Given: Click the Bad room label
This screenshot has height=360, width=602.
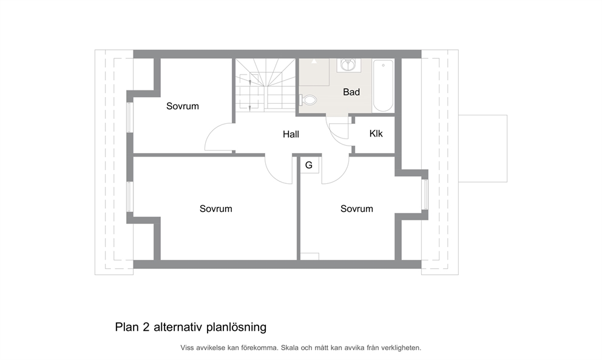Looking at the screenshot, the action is pyautogui.click(x=351, y=92).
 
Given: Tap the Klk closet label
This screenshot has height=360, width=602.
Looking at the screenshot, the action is pyautogui.click(x=376, y=134).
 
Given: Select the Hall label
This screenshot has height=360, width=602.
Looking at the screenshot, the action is pyautogui.click(x=291, y=134).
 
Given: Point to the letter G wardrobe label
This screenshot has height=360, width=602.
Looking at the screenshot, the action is pyautogui.click(x=309, y=165).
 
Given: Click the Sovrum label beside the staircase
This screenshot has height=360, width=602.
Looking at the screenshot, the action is pyautogui.click(x=183, y=106).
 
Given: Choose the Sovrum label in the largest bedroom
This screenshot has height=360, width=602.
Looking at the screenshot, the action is pyautogui.click(x=216, y=209).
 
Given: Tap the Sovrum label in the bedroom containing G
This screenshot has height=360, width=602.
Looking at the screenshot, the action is pyautogui.click(x=357, y=209).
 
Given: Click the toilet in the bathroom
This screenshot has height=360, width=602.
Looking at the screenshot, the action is pyautogui.click(x=308, y=100).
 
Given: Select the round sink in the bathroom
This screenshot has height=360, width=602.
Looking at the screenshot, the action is pyautogui.click(x=348, y=64).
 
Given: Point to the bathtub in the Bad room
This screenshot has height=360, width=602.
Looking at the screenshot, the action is pyautogui.click(x=383, y=85).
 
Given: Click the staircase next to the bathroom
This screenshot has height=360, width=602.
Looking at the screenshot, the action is pyautogui.click(x=265, y=85).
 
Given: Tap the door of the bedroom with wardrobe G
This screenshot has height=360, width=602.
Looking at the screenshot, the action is pyautogui.click(x=336, y=171).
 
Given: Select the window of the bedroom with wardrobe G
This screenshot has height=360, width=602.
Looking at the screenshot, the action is pyautogui.click(x=425, y=194).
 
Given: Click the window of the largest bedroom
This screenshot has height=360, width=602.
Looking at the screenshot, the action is pyautogui.click(x=130, y=197).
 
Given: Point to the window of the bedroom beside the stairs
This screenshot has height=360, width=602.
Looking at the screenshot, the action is pyautogui.click(x=130, y=118).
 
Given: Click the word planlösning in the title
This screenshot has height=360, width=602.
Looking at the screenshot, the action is pyautogui.click(x=237, y=327).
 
